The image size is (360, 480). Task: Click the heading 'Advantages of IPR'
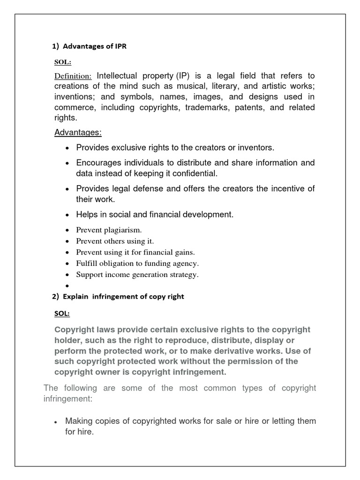[x=94, y=46]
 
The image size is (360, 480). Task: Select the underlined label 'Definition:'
[x=73, y=76]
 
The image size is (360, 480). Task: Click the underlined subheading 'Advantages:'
[x=78, y=133]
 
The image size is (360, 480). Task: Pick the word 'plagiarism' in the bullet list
[x=123, y=230]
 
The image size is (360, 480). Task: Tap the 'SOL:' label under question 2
[x=62, y=314]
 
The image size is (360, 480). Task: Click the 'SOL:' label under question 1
[x=61, y=61]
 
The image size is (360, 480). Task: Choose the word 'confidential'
[x=193, y=173]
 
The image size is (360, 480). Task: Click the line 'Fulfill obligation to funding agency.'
[x=137, y=263]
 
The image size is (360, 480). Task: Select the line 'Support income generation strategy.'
[x=137, y=275]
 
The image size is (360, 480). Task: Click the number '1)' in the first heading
[x=54, y=46]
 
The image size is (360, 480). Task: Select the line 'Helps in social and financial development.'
[x=155, y=215]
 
